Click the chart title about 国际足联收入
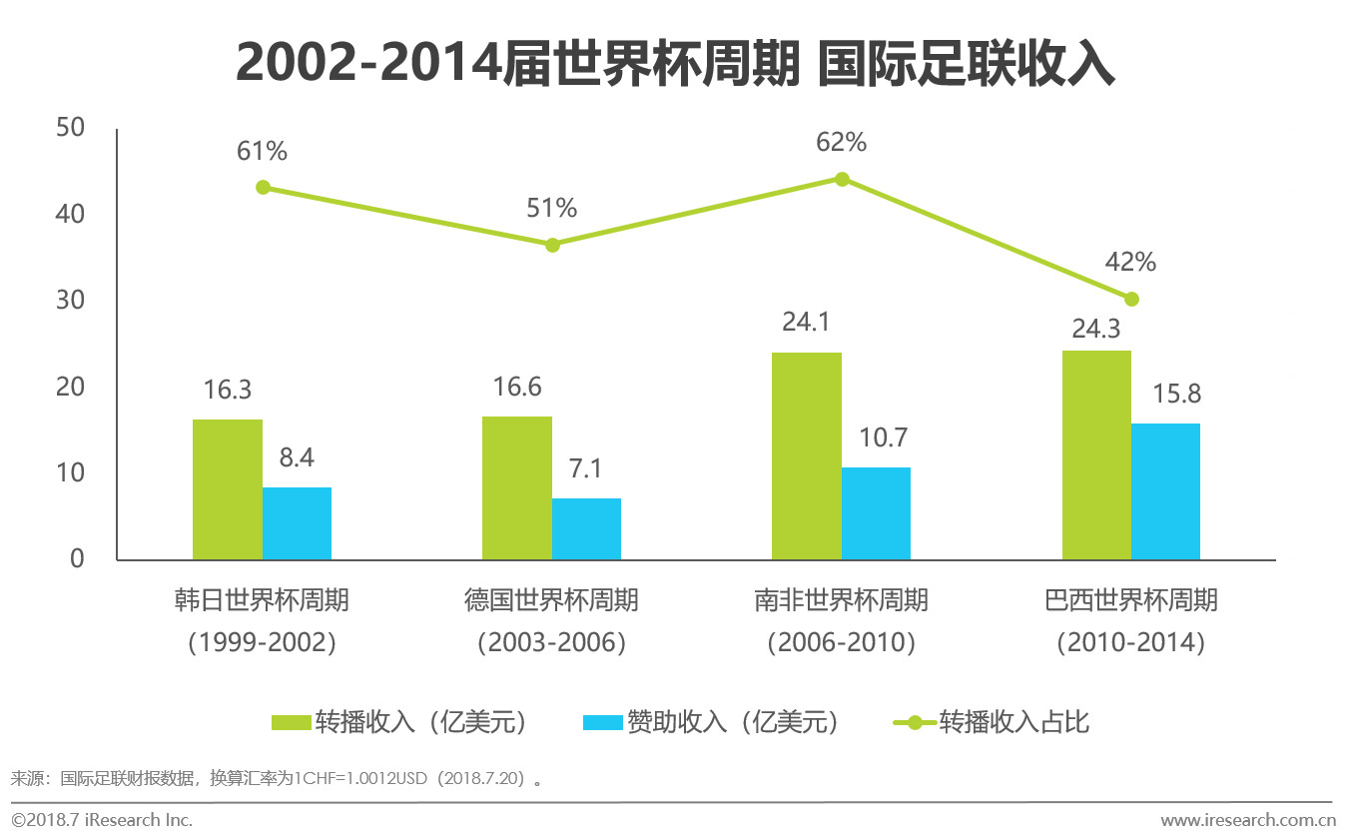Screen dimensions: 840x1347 pyautogui.click(x=674, y=65)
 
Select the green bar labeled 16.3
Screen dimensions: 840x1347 pyautogui.click(x=228, y=489)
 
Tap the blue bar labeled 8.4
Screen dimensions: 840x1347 pyautogui.click(x=297, y=523)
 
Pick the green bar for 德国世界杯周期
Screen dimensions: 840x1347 pyautogui.click(x=517, y=487)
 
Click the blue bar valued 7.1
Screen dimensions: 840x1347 pyautogui.click(x=586, y=529)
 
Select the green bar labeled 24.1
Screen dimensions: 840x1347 pyautogui.click(x=807, y=455)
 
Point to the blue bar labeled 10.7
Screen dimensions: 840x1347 pyautogui.click(x=876, y=513)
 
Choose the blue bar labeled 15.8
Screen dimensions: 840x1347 pyautogui.click(x=1165, y=491)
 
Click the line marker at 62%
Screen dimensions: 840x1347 pyautogui.click(x=842, y=179)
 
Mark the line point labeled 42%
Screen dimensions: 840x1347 pyautogui.click(x=1131, y=299)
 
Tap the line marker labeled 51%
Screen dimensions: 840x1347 pyautogui.click(x=552, y=245)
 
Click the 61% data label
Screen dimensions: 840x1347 pyautogui.click(x=263, y=152)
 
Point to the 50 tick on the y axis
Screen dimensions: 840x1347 pyautogui.click(x=71, y=128)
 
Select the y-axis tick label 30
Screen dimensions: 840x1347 pyautogui.click(x=71, y=301)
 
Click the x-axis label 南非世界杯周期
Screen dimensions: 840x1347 pyautogui.click(x=841, y=600)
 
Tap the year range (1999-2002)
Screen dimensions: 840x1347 pyautogui.click(x=262, y=642)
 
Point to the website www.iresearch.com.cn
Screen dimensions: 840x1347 pyautogui.click(x=1247, y=821)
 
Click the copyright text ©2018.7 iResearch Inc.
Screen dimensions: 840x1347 pyautogui.click(x=102, y=820)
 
